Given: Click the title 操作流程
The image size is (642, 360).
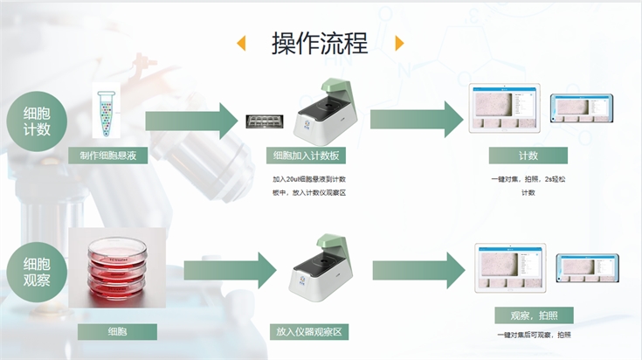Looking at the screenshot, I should point(320,43).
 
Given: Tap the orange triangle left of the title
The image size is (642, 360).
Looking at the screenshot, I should point(242,43).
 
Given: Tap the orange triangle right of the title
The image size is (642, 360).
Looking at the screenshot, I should point(399,43).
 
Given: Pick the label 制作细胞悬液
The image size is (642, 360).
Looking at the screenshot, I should point(108,156).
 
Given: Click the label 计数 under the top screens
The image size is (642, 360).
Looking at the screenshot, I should point(528,156).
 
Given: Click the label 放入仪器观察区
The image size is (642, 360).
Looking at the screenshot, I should point(311,332).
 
